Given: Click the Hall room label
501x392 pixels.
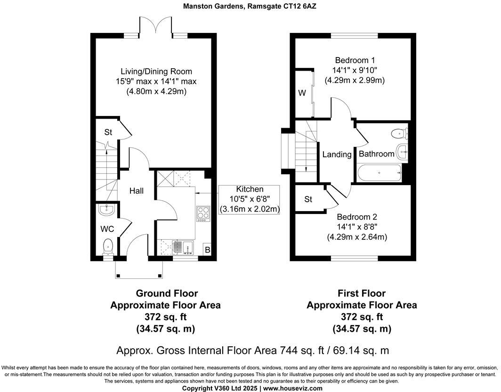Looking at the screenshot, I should coord(137,191).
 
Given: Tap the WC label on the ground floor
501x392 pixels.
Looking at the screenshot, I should coord(107,229).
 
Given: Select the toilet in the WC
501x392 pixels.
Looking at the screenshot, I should coord(108,246).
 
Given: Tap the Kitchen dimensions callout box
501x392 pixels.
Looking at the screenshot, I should coord(250,199).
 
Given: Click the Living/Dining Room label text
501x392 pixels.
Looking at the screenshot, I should coord(156,72).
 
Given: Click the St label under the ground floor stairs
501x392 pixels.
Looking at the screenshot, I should coord(108,132).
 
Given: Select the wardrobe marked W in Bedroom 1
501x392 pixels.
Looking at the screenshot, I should coord(302,93).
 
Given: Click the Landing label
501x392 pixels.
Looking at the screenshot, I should coord(337,155).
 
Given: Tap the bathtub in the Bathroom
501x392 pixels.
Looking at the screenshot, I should coord(380,173).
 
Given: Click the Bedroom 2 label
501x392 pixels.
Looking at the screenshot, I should coord(357,217).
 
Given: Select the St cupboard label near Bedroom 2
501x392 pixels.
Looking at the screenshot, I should coord(308,200).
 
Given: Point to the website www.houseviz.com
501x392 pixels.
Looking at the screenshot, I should coord(293,388).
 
